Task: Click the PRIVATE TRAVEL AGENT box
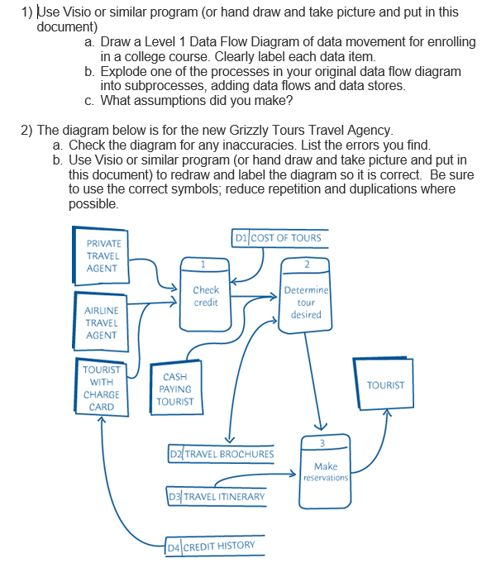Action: click(103, 256)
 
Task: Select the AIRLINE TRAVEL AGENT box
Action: click(102, 322)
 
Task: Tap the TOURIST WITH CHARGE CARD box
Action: click(102, 388)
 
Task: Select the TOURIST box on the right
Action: click(385, 385)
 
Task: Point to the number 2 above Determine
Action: click(306, 265)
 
